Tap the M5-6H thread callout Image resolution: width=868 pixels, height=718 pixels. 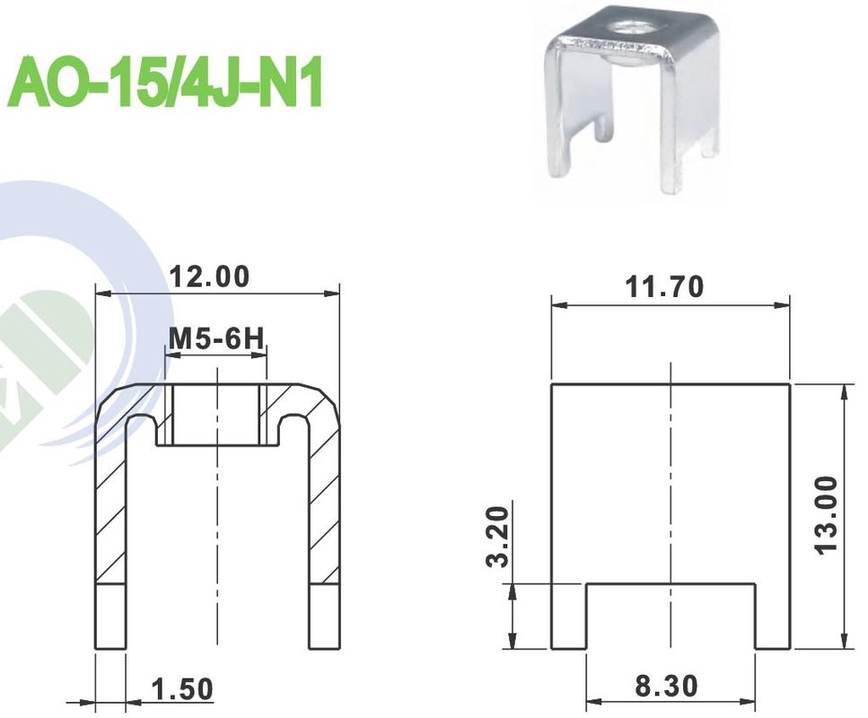(x=215, y=339)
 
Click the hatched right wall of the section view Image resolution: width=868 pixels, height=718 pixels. (x=324, y=503)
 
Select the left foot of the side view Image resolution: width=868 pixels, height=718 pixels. (x=567, y=616)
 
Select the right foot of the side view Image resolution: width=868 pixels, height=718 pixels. (x=772, y=616)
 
